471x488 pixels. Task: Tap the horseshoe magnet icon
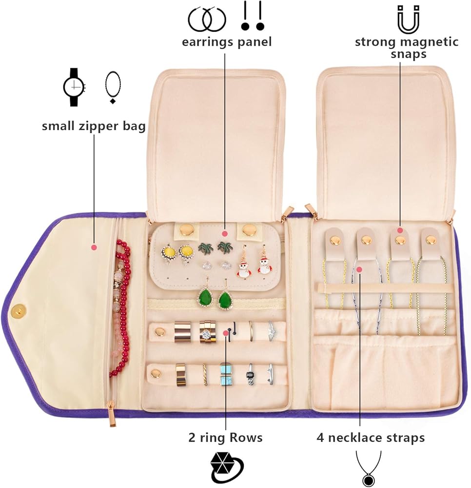[x=409, y=19]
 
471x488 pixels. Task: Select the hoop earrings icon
[x=207, y=19]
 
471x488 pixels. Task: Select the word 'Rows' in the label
[x=244, y=438]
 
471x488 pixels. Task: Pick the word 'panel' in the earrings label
[x=254, y=42]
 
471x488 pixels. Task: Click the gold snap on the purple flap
[x=19, y=310]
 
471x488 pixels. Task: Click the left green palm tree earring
[x=205, y=248]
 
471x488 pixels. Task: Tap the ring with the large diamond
[x=206, y=332]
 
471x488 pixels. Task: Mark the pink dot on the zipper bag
[x=94, y=247]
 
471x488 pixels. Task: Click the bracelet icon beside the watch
[x=113, y=87]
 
